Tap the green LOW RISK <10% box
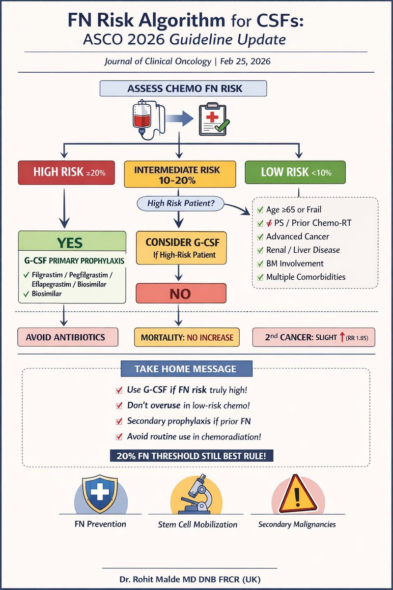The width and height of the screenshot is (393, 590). point(295,172)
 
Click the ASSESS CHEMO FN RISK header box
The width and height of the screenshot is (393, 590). point(183,89)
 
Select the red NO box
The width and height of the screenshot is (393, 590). point(180,294)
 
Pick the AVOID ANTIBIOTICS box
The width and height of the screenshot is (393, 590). point(68,337)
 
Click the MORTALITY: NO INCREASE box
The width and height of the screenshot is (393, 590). point(187,337)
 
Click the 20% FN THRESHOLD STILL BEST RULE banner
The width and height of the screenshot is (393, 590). point(192,456)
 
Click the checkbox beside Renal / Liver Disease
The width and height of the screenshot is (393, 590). point(260,250)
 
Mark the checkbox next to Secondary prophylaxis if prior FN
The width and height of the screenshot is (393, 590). point(118,421)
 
